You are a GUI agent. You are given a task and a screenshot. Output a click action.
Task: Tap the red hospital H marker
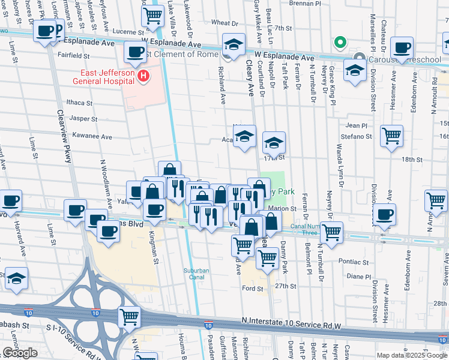[x=143, y=76]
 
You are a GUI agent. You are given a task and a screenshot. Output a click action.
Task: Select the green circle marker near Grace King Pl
[x=339, y=43]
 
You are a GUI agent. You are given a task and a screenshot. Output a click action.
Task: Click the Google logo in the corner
[x=20, y=353]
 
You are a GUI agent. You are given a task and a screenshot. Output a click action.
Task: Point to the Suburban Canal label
[x=196, y=274]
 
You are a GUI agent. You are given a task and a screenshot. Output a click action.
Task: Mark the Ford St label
[x=253, y=289]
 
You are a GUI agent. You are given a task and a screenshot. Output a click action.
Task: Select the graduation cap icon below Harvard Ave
[x=17, y=278]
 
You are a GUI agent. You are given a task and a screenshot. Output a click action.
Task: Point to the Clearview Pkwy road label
[x=64, y=130]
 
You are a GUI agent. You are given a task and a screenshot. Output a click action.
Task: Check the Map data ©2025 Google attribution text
[x=411, y=355]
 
